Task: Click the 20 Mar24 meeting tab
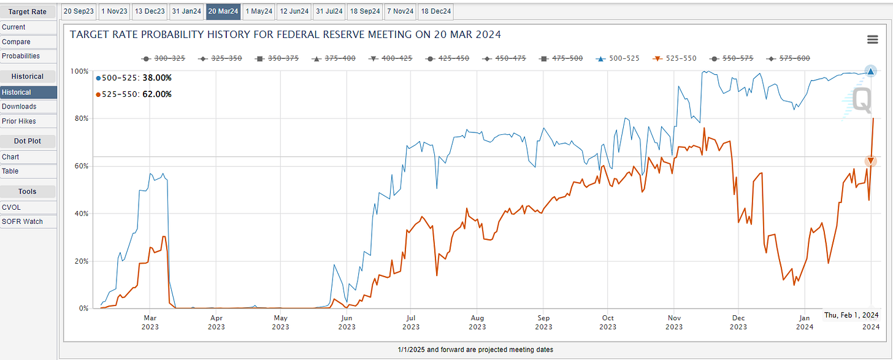click(x=223, y=11)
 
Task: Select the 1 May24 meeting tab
click(x=258, y=11)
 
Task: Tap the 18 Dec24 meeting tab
click(x=436, y=11)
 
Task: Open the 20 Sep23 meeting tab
click(x=79, y=11)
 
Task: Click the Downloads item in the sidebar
click(x=19, y=107)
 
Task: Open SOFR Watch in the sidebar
click(x=22, y=221)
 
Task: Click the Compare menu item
click(x=16, y=42)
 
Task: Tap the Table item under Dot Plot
click(x=10, y=171)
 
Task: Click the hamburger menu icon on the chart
click(x=872, y=40)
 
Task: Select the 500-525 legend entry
click(x=621, y=58)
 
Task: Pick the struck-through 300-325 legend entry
click(x=165, y=58)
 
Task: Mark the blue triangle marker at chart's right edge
click(x=870, y=71)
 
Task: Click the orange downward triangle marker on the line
click(x=870, y=161)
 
